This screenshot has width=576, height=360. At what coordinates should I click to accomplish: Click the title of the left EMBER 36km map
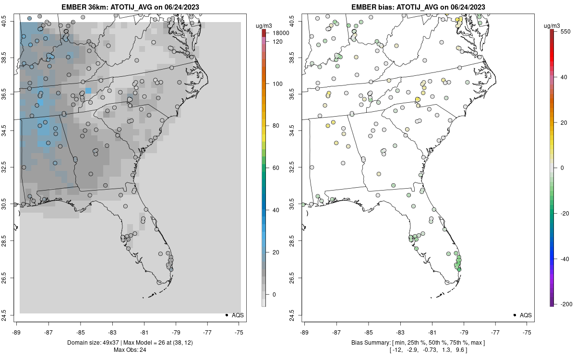click(129, 7)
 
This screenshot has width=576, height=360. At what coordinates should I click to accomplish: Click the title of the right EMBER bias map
click(418, 7)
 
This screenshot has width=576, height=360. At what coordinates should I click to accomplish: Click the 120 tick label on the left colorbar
click(277, 42)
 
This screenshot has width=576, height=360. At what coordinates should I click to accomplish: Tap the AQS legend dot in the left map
click(226, 315)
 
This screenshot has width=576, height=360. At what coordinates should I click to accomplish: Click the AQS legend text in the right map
click(526, 315)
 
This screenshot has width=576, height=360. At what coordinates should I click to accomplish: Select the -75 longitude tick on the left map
click(239, 332)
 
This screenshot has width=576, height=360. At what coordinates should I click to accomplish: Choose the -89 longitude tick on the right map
click(305, 332)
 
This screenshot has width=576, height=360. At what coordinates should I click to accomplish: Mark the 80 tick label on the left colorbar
click(276, 126)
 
